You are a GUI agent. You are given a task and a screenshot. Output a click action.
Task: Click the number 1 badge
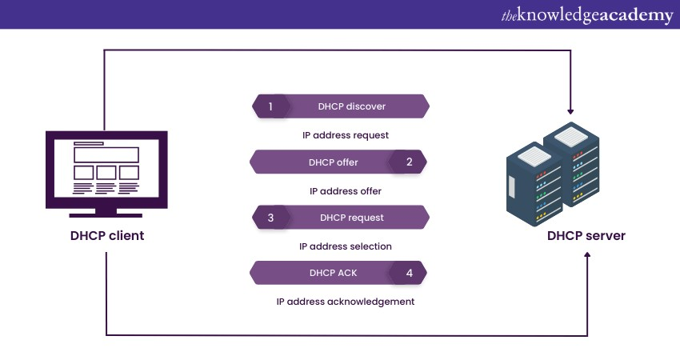pos(270,106)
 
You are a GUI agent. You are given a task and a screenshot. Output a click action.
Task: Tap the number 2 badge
pos(410,162)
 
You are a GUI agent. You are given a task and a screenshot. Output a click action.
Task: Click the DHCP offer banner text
pos(334,162)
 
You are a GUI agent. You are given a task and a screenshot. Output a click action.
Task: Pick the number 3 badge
pos(270,217)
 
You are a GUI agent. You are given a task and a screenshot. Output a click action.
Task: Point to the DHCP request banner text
pos(352,218)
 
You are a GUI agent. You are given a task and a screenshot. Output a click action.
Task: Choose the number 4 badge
pos(410,273)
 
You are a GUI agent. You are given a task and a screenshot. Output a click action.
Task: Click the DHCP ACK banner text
pos(334,273)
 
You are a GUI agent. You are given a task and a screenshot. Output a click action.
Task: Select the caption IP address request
pos(346,135)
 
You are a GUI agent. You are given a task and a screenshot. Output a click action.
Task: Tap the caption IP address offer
pos(346,191)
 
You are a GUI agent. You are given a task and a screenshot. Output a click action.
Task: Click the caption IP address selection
pos(346,246)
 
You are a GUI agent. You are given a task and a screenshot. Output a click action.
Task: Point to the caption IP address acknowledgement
pos(346,302)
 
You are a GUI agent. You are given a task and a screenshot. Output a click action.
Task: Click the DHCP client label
pos(106,237)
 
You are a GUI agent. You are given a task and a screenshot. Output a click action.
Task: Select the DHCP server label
pos(586,236)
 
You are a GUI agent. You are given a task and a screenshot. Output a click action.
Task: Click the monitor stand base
pos(106,213)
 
